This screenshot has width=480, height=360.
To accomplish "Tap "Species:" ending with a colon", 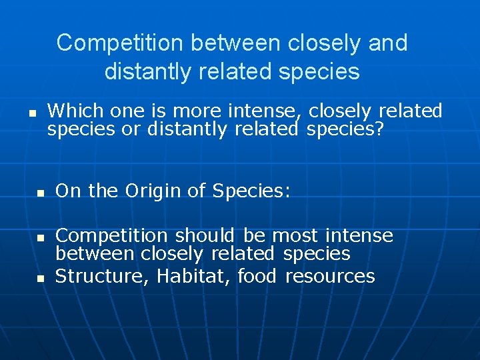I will click(251, 191).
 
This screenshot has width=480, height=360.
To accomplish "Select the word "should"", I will click(205, 235).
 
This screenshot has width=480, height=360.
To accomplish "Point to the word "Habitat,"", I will click(195, 276).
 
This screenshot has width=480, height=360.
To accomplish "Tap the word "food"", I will click(257, 276).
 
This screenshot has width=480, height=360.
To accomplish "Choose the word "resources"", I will click(330, 276).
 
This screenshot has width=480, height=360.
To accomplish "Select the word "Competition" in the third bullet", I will click(111, 235).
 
